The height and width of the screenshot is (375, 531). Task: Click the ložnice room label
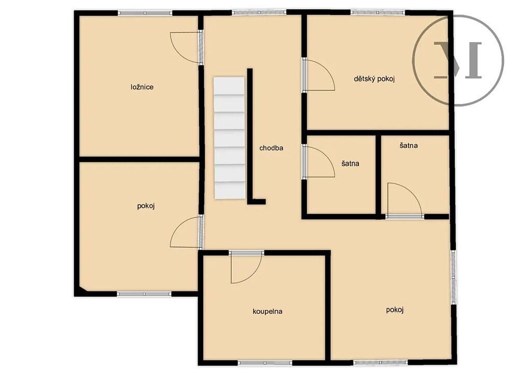(142, 87)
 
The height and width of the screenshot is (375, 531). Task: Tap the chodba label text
(271, 148)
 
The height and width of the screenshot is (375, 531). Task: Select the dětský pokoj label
(374, 79)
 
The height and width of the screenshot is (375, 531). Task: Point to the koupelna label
(268, 311)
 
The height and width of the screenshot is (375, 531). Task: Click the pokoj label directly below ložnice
(146, 206)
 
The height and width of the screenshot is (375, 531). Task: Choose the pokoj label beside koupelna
(395, 310)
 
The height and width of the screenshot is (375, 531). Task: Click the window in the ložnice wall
(145, 13)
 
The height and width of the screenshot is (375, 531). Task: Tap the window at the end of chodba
(259, 12)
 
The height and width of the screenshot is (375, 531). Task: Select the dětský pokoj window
(378, 12)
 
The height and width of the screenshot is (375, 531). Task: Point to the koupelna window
(265, 363)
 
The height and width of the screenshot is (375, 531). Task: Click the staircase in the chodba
(229, 138)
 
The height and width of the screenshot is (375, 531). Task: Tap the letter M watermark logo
(458, 60)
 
